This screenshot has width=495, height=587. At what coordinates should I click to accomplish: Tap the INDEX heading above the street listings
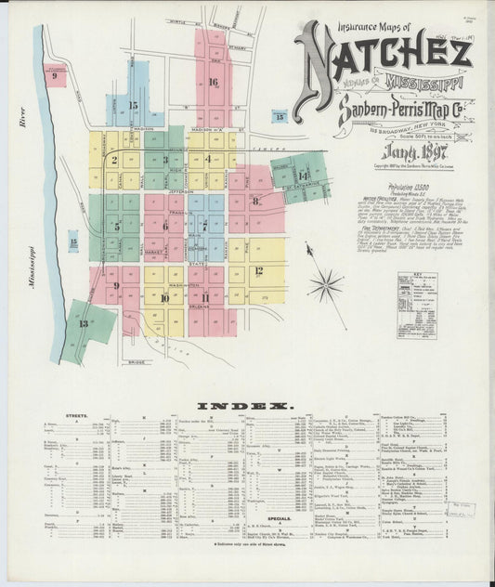pos(246,406)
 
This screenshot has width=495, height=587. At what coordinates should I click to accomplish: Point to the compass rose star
pos(326,283)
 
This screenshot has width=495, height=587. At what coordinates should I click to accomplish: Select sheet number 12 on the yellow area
pos(259,270)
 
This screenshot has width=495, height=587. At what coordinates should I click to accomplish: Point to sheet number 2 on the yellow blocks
pos(114,160)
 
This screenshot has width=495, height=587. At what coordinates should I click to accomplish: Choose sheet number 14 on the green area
pos(303,176)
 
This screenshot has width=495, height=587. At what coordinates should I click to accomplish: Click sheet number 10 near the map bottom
pos(164,298)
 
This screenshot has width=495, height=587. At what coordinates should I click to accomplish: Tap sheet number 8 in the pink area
pos(254,200)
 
